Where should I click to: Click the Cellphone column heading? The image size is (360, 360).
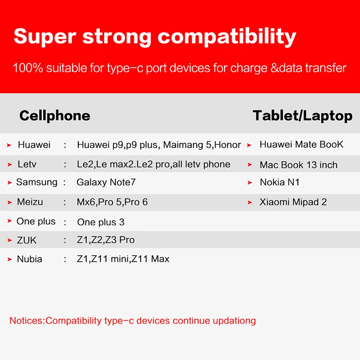pyautogui.click(x=54, y=116)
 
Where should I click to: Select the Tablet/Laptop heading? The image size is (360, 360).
pyautogui.click(x=302, y=116)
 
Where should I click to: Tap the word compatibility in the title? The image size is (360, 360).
pyautogui.click(x=227, y=37)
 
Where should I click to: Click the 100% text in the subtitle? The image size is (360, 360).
pyautogui.click(x=28, y=68)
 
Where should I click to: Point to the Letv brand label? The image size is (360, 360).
pyautogui.click(x=27, y=164)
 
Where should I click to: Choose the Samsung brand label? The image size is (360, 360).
pyautogui.click(x=37, y=182)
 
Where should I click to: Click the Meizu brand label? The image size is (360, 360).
pyautogui.click(x=30, y=202)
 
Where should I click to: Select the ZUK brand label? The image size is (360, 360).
pyautogui.click(x=27, y=240)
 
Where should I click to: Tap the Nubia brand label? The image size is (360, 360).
pyautogui.click(x=29, y=259)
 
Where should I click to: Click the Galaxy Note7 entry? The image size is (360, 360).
pyautogui.click(x=106, y=182)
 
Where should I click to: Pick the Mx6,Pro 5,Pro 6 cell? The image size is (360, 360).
pyautogui.click(x=112, y=202)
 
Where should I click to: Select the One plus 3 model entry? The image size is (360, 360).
pyautogui.click(x=101, y=222)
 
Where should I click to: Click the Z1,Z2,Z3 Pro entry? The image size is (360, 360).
pyautogui.click(x=106, y=240)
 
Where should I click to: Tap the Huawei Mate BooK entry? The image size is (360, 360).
pyautogui.click(x=301, y=144)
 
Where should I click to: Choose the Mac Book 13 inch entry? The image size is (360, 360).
pyautogui.click(x=298, y=165)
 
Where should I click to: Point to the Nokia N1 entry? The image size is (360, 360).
pyautogui.click(x=279, y=182)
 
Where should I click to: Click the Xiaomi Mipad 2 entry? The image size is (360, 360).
pyautogui.click(x=293, y=202)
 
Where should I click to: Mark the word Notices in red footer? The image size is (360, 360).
pyautogui.click(x=26, y=321)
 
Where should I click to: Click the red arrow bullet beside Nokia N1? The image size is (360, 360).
pyautogui.click(x=250, y=183)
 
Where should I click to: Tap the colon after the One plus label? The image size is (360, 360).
pyautogui.click(x=65, y=222)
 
